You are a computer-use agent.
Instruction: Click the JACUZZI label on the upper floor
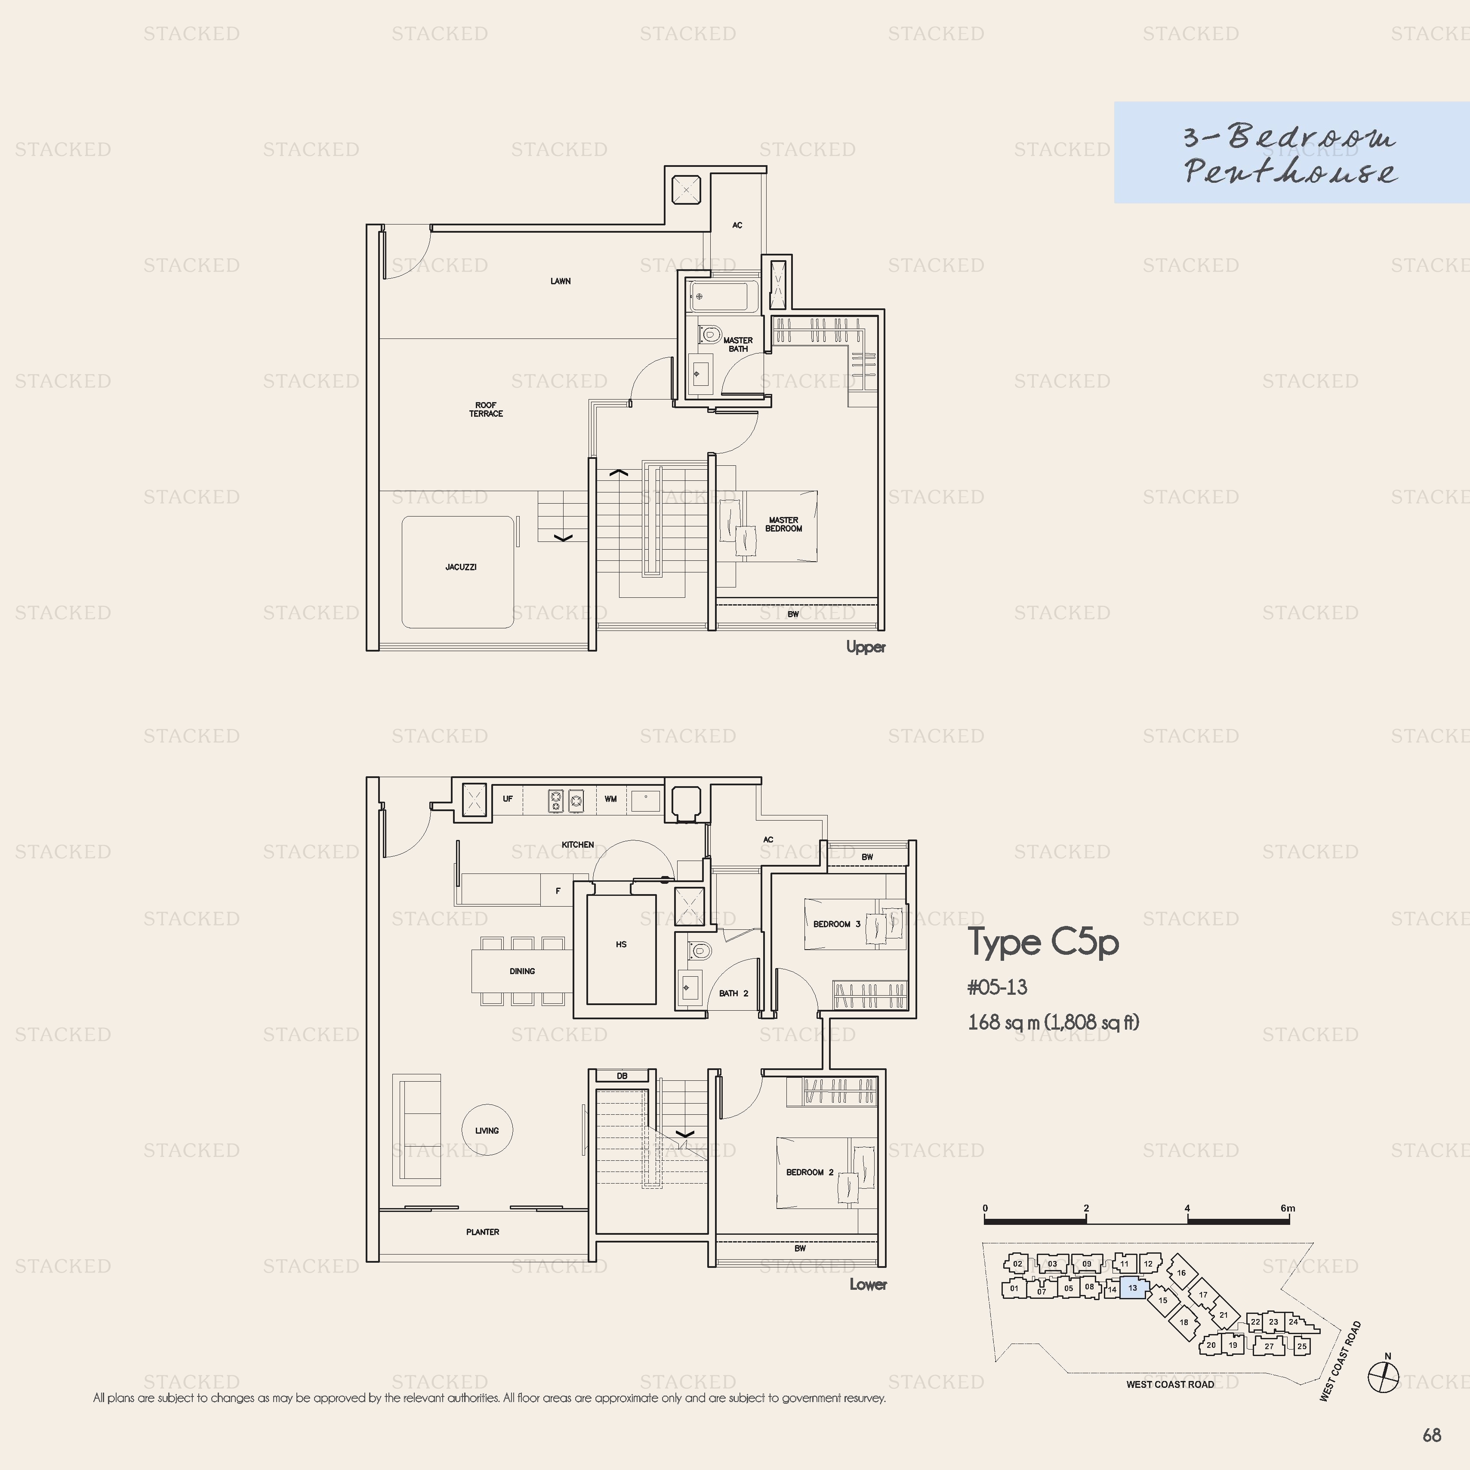point(461,567)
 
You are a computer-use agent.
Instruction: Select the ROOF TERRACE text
point(486,409)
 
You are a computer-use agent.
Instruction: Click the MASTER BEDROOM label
point(783,524)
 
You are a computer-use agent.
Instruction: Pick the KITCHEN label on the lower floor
point(578,845)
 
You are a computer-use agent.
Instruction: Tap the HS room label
point(621,944)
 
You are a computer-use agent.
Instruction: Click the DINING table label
point(522,971)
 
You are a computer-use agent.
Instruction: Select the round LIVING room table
point(487,1130)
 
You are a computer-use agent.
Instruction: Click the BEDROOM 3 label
point(837,924)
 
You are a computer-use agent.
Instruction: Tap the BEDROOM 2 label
point(810,1172)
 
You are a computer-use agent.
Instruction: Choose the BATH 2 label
point(734,993)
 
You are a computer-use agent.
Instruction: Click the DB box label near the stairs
point(622,1076)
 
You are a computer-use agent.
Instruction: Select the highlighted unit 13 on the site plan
point(1134,1287)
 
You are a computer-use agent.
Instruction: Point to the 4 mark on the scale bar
point(1187,1208)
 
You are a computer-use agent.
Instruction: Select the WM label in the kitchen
point(610,799)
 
